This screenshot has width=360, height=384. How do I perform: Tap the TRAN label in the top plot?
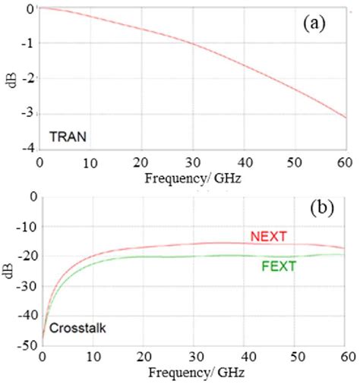click(68, 137)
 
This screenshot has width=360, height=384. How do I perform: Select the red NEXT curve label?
click(268, 237)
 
